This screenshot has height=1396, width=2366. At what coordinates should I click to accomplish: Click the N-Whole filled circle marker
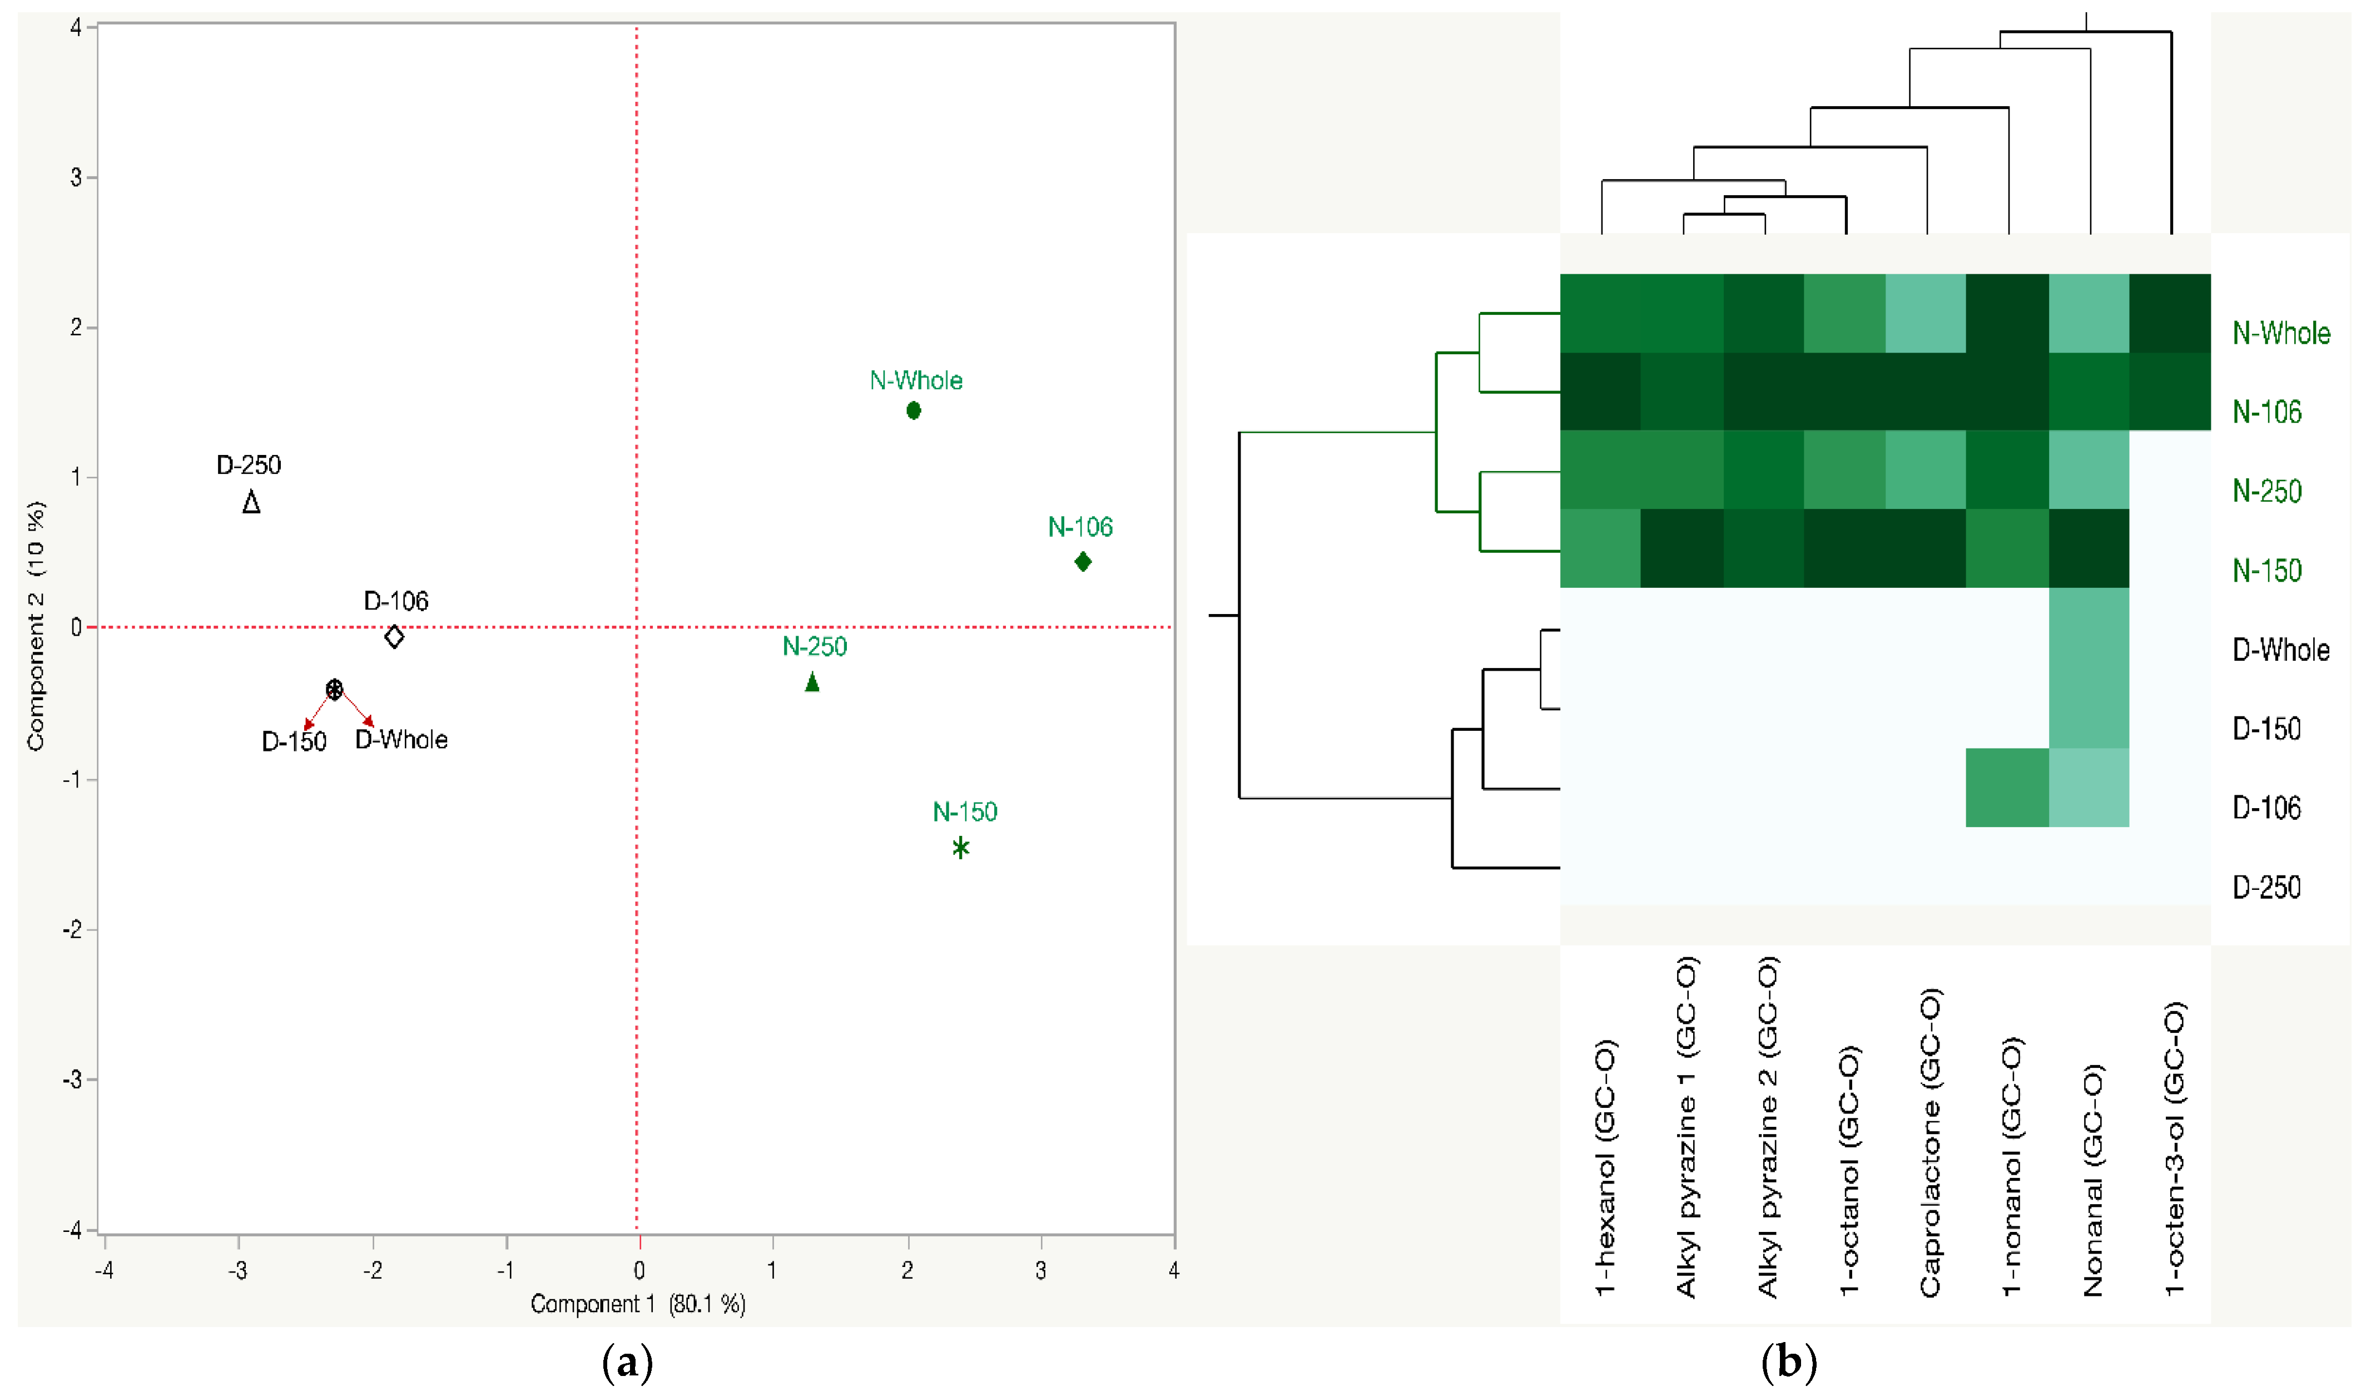click(x=913, y=410)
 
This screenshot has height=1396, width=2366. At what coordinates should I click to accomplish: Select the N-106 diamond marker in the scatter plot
click(x=1083, y=562)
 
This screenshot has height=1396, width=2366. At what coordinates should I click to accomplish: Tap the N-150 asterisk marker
click(x=960, y=848)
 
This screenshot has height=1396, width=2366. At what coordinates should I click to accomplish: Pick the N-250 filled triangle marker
click(x=812, y=682)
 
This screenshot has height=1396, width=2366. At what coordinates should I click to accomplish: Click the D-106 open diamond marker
click(x=394, y=637)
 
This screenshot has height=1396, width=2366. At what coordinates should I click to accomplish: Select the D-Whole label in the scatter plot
click(x=401, y=739)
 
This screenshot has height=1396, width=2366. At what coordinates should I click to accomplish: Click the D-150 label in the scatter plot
click(x=294, y=742)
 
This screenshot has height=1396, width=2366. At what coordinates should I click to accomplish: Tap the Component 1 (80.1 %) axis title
click(x=638, y=1304)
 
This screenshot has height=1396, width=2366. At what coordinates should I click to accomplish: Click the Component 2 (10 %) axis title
click(x=36, y=626)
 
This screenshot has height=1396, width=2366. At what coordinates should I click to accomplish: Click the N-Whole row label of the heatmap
click(x=2281, y=333)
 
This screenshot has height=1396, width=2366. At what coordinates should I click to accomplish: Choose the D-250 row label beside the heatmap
click(x=2266, y=887)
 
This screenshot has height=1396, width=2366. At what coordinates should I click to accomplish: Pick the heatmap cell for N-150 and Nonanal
click(x=2089, y=548)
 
